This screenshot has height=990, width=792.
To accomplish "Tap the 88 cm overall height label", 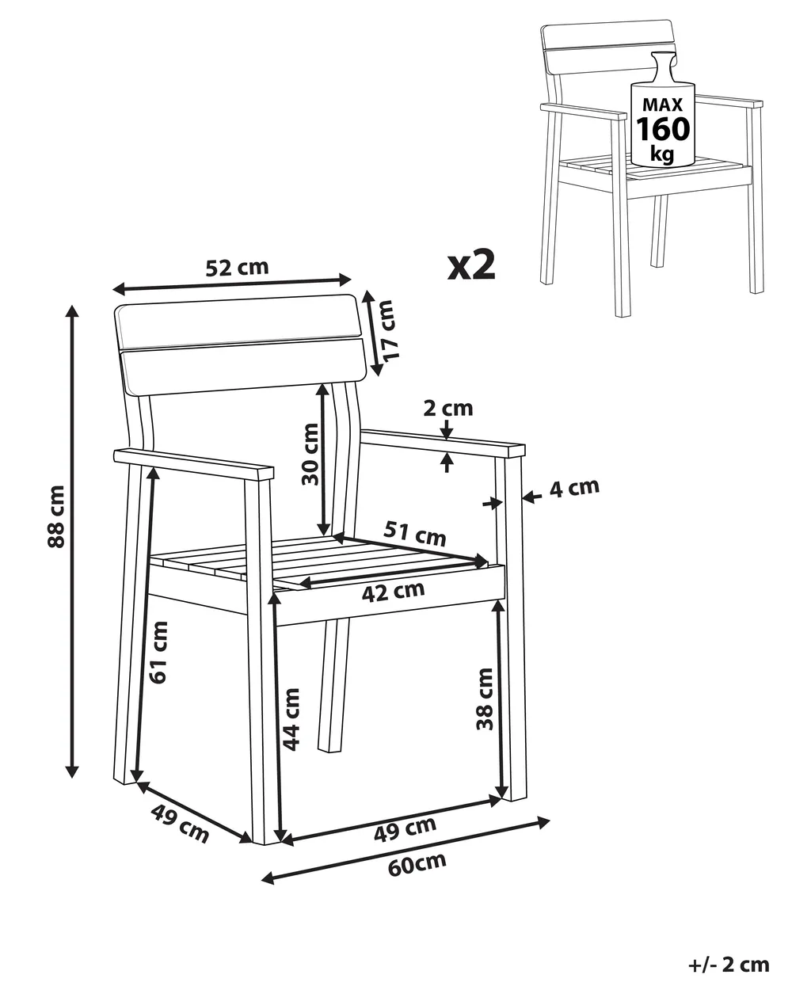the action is (x=56, y=516).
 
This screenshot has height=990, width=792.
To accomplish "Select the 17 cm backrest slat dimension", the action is (x=386, y=329).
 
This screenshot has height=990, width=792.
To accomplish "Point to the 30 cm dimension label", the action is (x=310, y=454).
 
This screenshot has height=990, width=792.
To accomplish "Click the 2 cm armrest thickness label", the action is (x=447, y=409).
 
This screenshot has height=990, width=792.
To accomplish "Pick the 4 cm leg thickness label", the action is (x=574, y=489).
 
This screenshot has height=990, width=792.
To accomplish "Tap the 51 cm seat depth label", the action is (x=415, y=533).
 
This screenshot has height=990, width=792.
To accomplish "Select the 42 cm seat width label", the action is (x=393, y=592).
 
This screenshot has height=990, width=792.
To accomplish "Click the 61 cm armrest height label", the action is (x=158, y=653).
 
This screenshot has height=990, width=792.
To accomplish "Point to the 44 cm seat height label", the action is (x=291, y=719).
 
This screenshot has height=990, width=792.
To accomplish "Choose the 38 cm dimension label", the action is (x=485, y=699).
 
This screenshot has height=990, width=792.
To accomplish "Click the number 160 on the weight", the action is (x=663, y=129).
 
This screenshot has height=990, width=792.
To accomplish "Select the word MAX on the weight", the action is (x=663, y=105).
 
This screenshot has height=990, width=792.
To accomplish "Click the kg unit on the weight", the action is (x=662, y=154).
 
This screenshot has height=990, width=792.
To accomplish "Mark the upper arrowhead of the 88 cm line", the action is (x=72, y=311).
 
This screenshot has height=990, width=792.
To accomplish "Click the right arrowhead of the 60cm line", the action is (x=544, y=822).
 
